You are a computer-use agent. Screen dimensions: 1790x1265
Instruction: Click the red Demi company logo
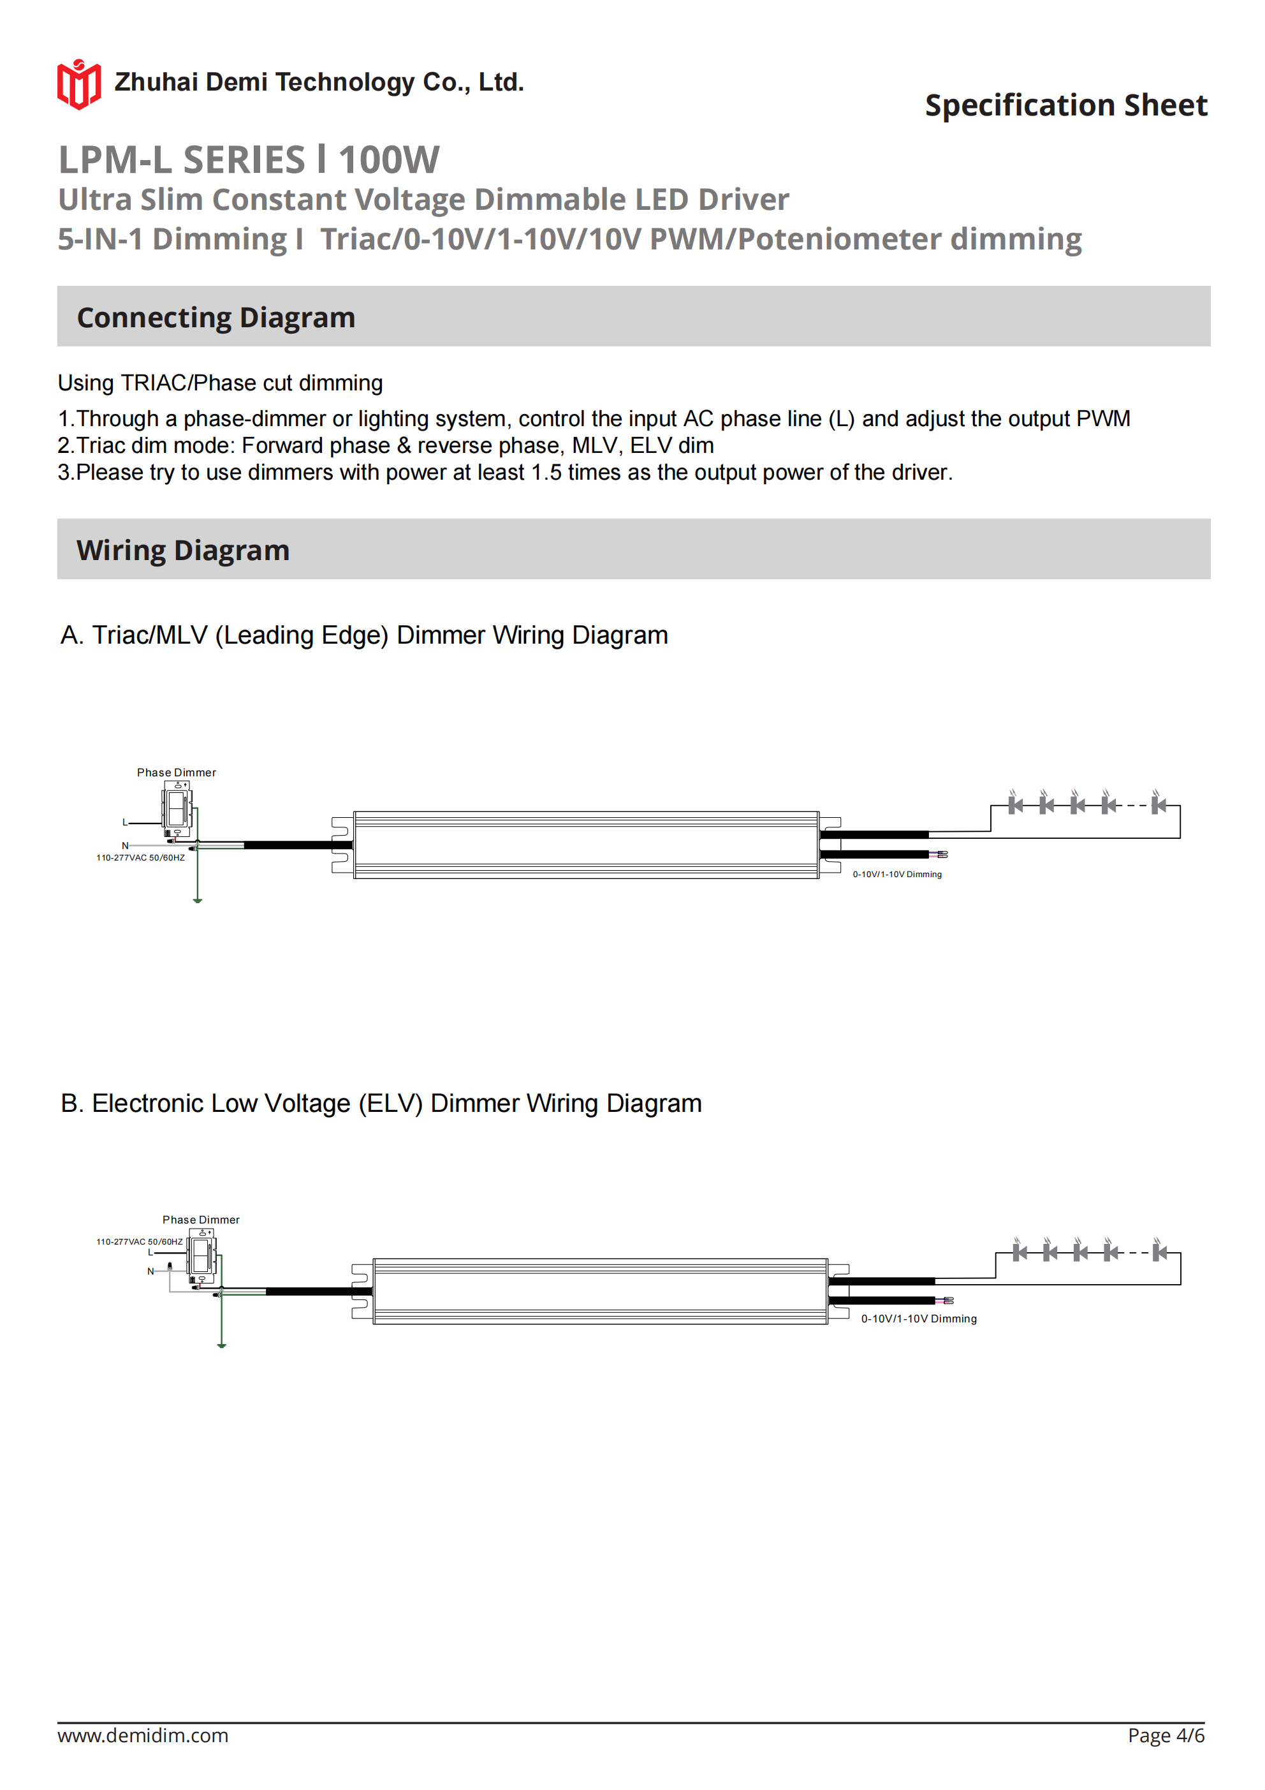pyautogui.click(x=78, y=84)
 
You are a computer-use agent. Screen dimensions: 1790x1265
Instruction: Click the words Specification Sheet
pyautogui.click(x=1065, y=105)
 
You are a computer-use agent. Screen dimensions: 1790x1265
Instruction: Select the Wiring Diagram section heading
pyautogui.click(x=182, y=551)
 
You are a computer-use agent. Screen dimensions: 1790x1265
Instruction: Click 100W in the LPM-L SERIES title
pyautogui.click(x=389, y=160)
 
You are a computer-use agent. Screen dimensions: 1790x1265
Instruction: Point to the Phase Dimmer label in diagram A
pyautogui.click(x=176, y=773)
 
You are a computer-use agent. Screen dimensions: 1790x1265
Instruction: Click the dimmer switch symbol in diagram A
pyautogui.click(x=177, y=808)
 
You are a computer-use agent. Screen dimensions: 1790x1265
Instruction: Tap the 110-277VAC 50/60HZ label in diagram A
pyautogui.click(x=140, y=857)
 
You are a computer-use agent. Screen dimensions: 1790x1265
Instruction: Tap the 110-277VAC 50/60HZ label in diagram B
pyautogui.click(x=139, y=1241)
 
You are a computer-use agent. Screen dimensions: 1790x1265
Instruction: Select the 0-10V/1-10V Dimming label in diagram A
pyautogui.click(x=896, y=875)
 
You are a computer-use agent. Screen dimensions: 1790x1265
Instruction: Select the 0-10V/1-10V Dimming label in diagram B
pyautogui.click(x=918, y=1319)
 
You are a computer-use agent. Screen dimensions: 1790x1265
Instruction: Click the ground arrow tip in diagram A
pyautogui.click(x=198, y=901)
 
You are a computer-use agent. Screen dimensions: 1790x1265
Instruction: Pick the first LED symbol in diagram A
pyautogui.click(x=1015, y=804)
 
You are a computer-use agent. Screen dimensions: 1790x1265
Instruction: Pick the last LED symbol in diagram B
pyautogui.click(x=1160, y=1252)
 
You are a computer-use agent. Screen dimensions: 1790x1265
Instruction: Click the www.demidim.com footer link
pyautogui.click(x=143, y=1735)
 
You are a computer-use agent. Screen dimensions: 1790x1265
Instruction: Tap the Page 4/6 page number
pyautogui.click(x=1166, y=1735)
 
